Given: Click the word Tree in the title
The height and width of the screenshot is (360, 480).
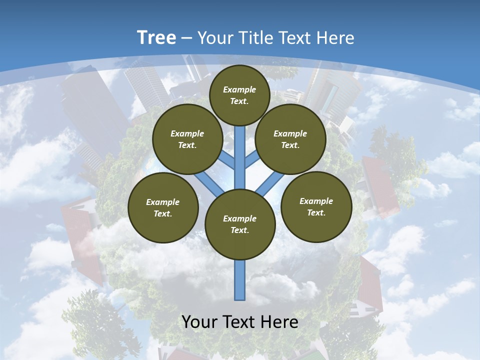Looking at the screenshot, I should pos(156,38).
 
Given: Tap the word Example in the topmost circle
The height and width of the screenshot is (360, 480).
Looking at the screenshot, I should pos(239,89).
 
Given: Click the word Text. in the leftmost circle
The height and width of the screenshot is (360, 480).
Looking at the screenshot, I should pos(163,214).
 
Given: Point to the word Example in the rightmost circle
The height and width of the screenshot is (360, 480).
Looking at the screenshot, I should pos(316,201).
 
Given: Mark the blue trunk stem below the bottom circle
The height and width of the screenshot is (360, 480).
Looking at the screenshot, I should pos(240,280).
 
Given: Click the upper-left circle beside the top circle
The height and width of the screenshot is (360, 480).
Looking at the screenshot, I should pos(187,139).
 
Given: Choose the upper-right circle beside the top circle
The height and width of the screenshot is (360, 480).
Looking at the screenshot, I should pos(290,139).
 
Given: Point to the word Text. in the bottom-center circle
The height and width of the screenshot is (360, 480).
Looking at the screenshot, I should pos(239,230).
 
